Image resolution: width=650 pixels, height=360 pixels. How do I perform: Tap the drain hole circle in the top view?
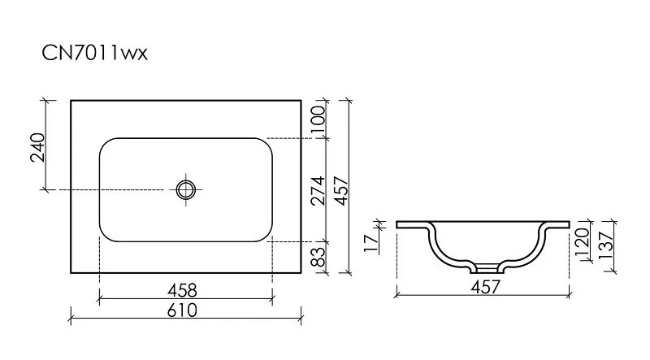(x=186, y=189)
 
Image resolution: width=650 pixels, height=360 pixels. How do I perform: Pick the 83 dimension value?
(x=318, y=258)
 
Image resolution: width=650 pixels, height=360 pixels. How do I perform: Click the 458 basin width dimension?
(x=185, y=289)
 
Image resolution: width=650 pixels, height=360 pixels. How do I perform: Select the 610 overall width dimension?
(x=185, y=310)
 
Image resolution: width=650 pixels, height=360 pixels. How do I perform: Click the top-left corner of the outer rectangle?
(x=71, y=101)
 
